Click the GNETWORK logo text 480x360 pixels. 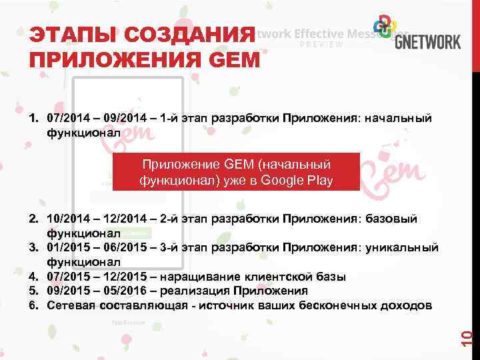pyautogui.click(x=427, y=41)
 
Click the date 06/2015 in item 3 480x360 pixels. pyautogui.click(x=125, y=247)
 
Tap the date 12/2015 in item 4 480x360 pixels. pyautogui.click(x=125, y=276)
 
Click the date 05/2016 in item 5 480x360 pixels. pyautogui.click(x=125, y=291)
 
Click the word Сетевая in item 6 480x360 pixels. pyautogui.click(x=71, y=305)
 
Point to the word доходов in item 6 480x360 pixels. pyautogui.click(x=408, y=305)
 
